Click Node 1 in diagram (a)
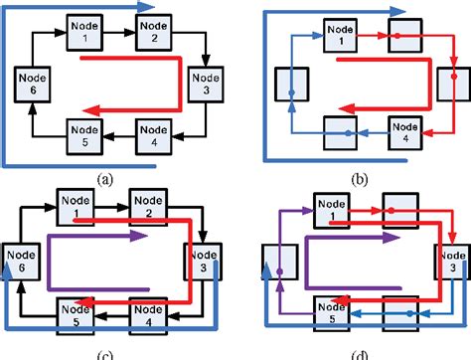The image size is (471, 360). pyautogui.click(x=83, y=29)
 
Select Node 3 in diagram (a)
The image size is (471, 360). pyautogui.click(x=204, y=79)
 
